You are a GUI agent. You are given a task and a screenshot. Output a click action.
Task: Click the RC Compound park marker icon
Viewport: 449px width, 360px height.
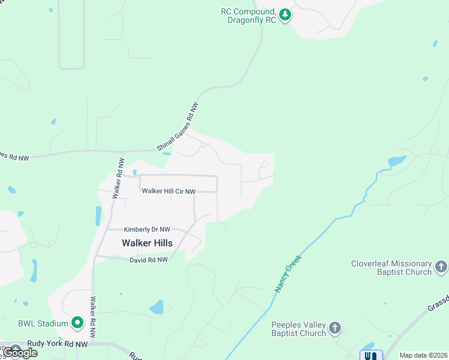[x=285, y=14]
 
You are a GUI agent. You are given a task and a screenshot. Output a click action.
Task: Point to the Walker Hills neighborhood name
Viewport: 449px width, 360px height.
[x=147, y=243]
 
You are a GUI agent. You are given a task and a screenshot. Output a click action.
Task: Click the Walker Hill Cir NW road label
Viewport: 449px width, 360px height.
[x=169, y=191]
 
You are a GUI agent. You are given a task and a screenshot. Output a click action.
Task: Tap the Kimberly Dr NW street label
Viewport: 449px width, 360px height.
[x=147, y=229]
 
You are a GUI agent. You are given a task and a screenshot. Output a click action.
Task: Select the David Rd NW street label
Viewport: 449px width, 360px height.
[x=150, y=260]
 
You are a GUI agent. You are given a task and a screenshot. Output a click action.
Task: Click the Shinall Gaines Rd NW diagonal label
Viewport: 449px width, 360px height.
[x=178, y=126]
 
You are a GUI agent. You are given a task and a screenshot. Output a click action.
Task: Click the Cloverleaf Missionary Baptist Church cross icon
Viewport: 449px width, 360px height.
[x=441, y=266]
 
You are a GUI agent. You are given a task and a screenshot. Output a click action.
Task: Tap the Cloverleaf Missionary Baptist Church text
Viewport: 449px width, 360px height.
[x=391, y=268]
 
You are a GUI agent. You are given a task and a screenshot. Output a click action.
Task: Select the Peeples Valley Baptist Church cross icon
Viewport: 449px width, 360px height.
[x=335, y=328]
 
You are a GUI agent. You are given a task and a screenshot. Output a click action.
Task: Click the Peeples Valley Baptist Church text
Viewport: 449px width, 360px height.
[x=298, y=328]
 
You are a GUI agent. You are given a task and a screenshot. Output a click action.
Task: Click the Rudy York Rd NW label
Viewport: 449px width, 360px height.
[x=57, y=345]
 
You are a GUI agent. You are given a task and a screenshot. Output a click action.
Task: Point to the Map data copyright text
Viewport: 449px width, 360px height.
[x=423, y=355]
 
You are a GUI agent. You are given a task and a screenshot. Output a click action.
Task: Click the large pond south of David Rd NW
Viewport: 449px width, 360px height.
[x=157, y=308]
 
